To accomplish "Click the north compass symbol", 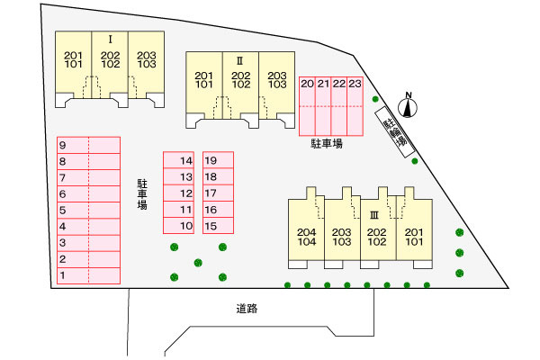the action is tap(408, 105).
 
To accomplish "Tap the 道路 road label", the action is tap(247, 309).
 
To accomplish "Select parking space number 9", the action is tap(88, 145).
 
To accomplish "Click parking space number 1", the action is tap(88, 275).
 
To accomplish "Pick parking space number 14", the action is tap(178, 160).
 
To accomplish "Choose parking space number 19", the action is tap(219, 160).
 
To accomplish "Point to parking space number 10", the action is tap(178, 226).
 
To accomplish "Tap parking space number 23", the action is tap(355, 106).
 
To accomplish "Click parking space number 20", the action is tap(307, 106).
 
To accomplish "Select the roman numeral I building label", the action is tap(110, 40).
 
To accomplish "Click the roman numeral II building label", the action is tap(240, 61).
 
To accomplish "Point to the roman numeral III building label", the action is tap(374, 215).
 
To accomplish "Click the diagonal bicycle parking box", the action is tap(394, 132).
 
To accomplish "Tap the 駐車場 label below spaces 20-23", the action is tap(327, 143).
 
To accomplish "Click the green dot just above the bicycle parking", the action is tap(375, 99).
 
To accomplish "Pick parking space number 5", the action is tap(88, 210).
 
